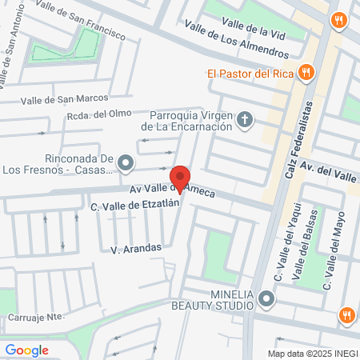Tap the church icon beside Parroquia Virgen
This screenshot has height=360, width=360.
click(x=246, y=120)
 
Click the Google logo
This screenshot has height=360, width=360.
click(x=26, y=350)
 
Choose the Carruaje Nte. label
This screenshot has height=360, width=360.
click(x=35, y=318)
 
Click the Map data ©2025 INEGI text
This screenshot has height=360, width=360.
click(x=312, y=354)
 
